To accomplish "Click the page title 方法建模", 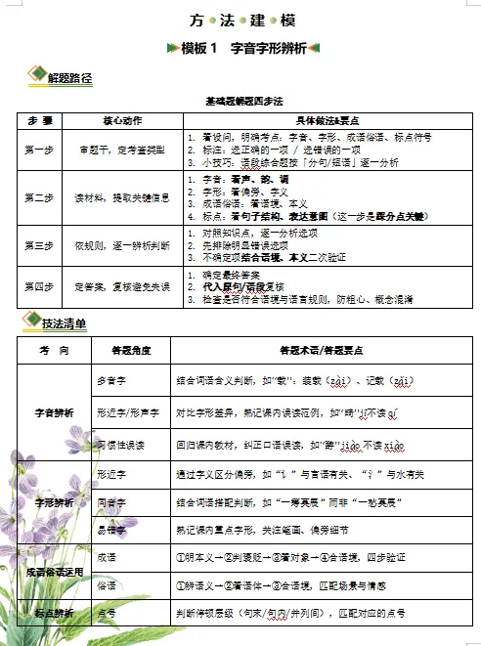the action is pyautogui.click(x=240, y=20).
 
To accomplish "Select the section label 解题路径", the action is pyautogui.click(x=67, y=77).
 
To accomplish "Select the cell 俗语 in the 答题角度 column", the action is pyautogui.click(x=108, y=586).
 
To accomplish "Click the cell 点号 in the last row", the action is pyautogui.click(x=108, y=613).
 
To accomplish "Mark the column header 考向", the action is pyautogui.click(x=53, y=349).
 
